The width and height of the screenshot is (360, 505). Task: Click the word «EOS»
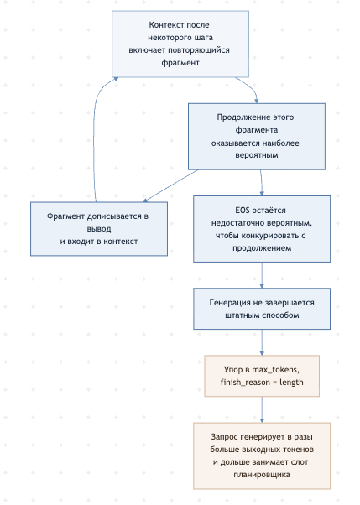(243, 211)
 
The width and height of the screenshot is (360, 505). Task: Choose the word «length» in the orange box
(291, 383)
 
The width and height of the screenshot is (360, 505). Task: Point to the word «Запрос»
(223, 437)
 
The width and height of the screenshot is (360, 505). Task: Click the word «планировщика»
(262, 475)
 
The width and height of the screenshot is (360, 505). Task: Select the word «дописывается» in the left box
(114, 216)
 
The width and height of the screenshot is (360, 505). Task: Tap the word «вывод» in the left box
(99, 229)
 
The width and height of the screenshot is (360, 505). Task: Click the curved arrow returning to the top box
(94, 135)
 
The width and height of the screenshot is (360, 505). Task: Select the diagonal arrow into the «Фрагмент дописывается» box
(170, 186)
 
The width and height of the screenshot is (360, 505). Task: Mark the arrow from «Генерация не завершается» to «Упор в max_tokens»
(262, 342)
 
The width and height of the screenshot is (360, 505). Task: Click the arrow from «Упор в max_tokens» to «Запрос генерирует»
(262, 409)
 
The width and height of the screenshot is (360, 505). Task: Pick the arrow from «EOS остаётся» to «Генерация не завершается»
(262, 275)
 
